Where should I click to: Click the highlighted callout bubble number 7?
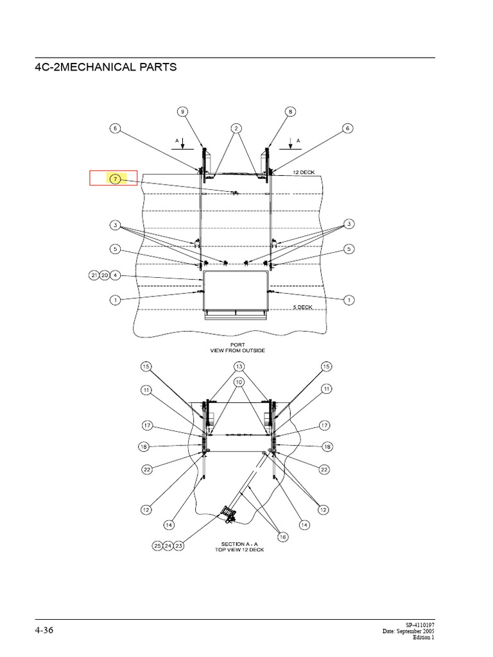[116, 180]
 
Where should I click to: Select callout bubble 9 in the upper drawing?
[182, 112]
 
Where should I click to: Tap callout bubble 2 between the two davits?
[236, 128]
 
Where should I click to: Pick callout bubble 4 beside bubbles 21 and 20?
[116, 275]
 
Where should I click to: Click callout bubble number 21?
[94, 275]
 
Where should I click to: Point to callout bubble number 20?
[105, 275]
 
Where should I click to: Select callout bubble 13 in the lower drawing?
[239, 366]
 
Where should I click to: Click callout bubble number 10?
[239, 382]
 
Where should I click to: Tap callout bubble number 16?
[283, 537]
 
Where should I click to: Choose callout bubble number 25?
[157, 546]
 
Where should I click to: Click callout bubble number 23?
[178, 546]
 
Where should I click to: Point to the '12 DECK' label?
[304, 172]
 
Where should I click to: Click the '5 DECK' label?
[303, 307]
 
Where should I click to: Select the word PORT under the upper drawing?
[238, 345]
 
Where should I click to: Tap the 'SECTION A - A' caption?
[239, 544]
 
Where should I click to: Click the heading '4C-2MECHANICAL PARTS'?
[106, 67]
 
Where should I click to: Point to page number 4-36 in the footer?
[44, 630]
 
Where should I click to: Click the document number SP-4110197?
[420, 625]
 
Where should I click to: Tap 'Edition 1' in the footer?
[424, 637]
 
